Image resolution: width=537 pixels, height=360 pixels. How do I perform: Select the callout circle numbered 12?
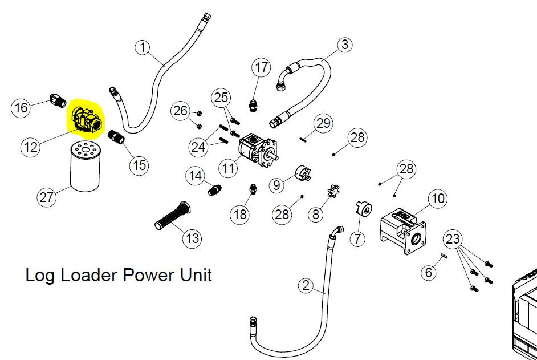click(x=30, y=147)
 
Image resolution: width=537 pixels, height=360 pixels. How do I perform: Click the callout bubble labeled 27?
click(x=46, y=197)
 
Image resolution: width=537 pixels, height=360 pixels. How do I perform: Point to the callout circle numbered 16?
click(x=21, y=108)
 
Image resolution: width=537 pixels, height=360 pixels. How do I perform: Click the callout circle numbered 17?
click(x=261, y=67)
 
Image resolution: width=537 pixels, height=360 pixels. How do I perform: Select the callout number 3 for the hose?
click(x=344, y=45)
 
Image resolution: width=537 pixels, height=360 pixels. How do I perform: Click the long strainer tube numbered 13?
click(x=173, y=216)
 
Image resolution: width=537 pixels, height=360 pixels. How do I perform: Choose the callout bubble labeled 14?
click(x=195, y=176)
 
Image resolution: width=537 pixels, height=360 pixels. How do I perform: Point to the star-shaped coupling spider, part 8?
click(x=333, y=191)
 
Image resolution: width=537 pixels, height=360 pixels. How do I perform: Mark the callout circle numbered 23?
click(x=453, y=238)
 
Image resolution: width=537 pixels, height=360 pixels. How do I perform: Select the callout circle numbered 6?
click(x=429, y=272)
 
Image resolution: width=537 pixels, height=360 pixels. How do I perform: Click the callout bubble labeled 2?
click(x=306, y=285)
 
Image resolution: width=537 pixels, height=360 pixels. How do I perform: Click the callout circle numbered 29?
click(x=323, y=123)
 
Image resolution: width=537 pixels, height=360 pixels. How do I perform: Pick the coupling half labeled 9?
click(x=303, y=173)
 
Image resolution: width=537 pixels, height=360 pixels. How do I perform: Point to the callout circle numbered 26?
click(x=180, y=111)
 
